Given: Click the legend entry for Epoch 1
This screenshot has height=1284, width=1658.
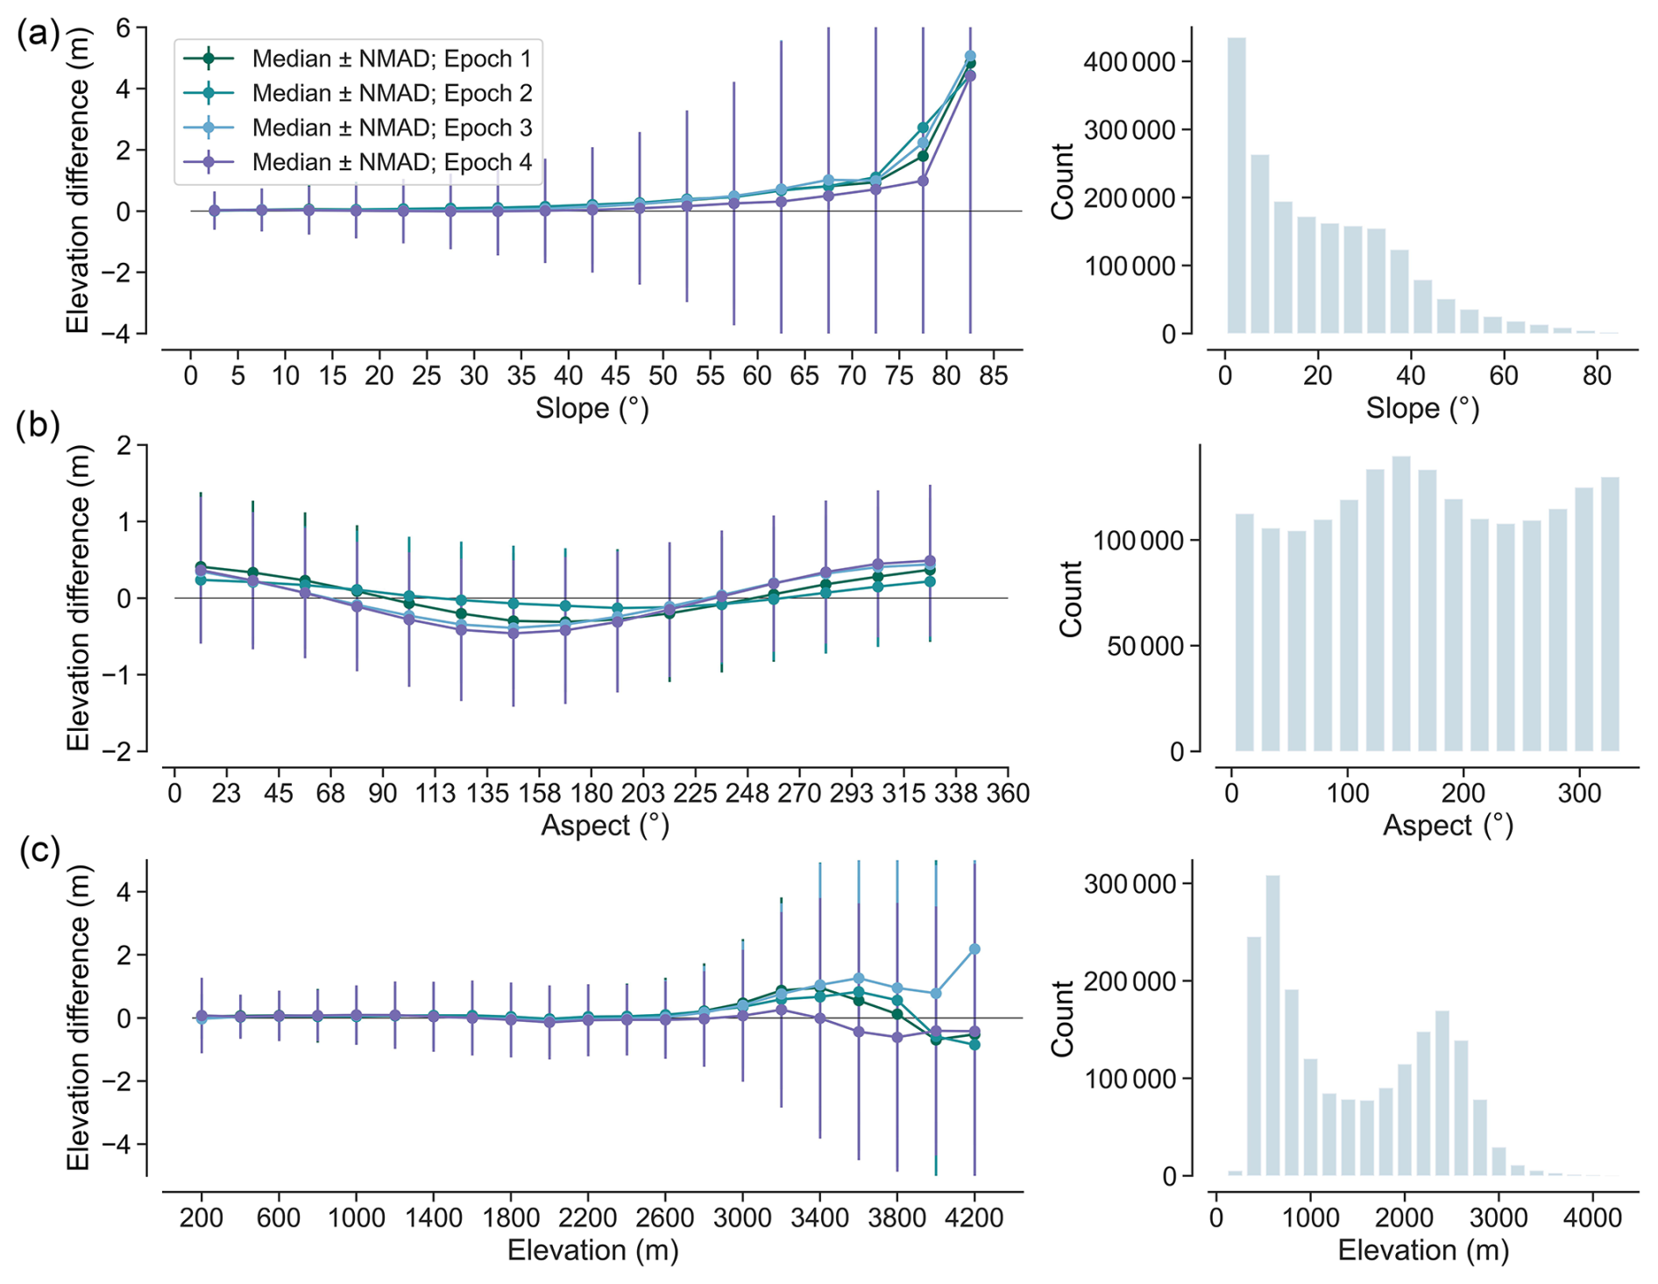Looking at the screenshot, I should [x=391, y=59].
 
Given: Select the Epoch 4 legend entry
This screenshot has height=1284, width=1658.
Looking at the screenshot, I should [x=391, y=162].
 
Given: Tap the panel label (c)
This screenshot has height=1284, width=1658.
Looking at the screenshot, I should [x=39, y=851].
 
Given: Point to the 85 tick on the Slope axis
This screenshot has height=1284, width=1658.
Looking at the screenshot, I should [x=994, y=376].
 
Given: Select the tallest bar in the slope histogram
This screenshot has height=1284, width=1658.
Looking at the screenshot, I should [x=1236, y=185].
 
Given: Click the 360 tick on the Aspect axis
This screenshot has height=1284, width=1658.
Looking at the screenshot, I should [x=1008, y=793].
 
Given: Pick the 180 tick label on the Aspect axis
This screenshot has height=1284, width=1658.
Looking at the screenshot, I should [x=592, y=793].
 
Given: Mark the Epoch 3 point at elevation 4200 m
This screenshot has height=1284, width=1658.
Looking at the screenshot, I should [x=974, y=949].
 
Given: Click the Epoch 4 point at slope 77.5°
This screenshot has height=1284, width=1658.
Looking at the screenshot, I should [x=923, y=181].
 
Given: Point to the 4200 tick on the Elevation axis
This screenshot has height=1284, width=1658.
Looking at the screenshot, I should [x=974, y=1217].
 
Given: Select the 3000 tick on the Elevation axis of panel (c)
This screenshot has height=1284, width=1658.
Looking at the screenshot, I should [x=742, y=1217].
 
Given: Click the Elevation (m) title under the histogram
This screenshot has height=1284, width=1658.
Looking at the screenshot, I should [x=1423, y=1250].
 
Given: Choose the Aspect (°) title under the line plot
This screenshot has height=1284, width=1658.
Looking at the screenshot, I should [x=605, y=825].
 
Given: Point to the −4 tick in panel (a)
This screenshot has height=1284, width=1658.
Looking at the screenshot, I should [x=127, y=333].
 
